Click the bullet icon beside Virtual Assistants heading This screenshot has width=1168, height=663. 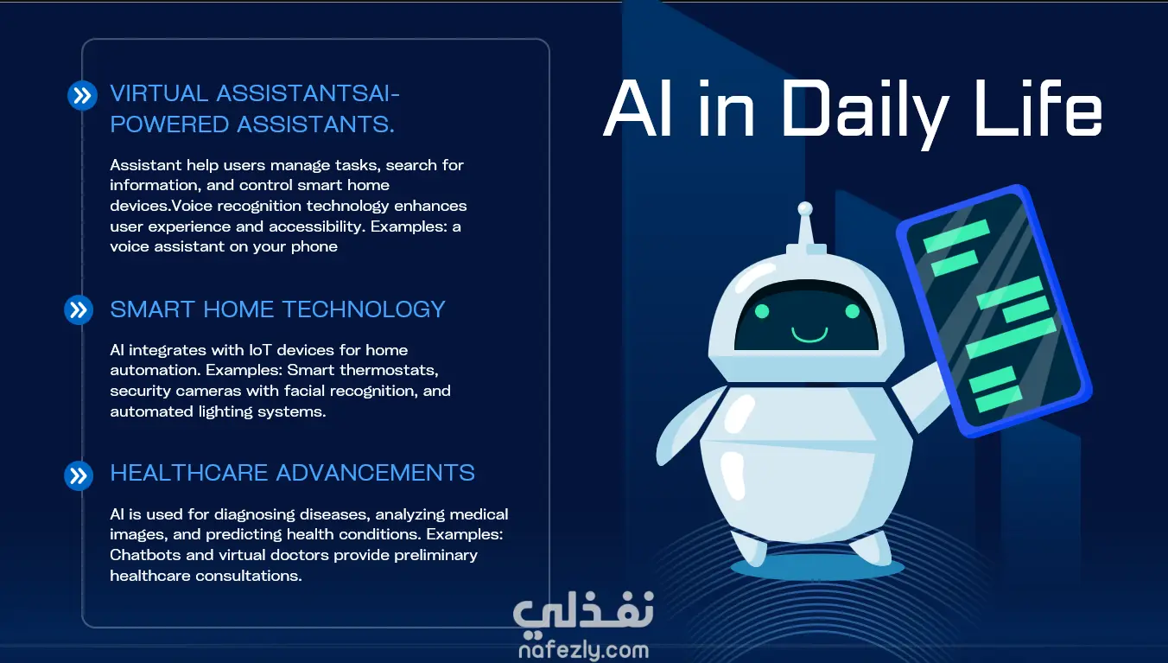click(x=82, y=95)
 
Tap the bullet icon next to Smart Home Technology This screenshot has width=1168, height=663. click(x=79, y=309)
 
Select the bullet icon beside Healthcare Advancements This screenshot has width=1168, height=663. click(x=79, y=475)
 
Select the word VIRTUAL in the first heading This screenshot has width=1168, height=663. click(x=159, y=94)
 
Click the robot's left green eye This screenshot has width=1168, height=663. click(x=762, y=311)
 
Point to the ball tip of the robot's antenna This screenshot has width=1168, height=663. click(x=805, y=208)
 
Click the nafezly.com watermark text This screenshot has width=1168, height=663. click(x=583, y=650)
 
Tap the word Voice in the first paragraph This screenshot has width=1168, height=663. click(x=192, y=206)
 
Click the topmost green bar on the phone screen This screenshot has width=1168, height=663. click(x=955, y=236)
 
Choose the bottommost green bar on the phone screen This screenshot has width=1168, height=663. click(x=999, y=399)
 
